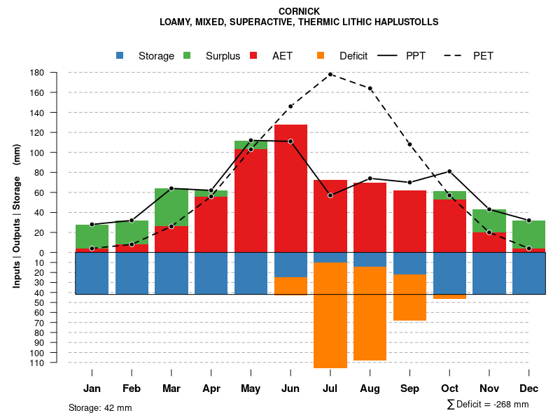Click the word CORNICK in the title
299,11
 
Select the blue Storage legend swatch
120,56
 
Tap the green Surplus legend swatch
187,56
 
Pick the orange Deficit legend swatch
321,56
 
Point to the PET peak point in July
330,74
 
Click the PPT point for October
449,171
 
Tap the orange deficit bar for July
330,315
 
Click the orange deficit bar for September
409,297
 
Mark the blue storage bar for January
92,273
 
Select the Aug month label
370,388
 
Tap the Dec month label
529,388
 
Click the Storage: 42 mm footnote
100,407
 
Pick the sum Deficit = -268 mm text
488,405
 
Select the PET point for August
370,88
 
